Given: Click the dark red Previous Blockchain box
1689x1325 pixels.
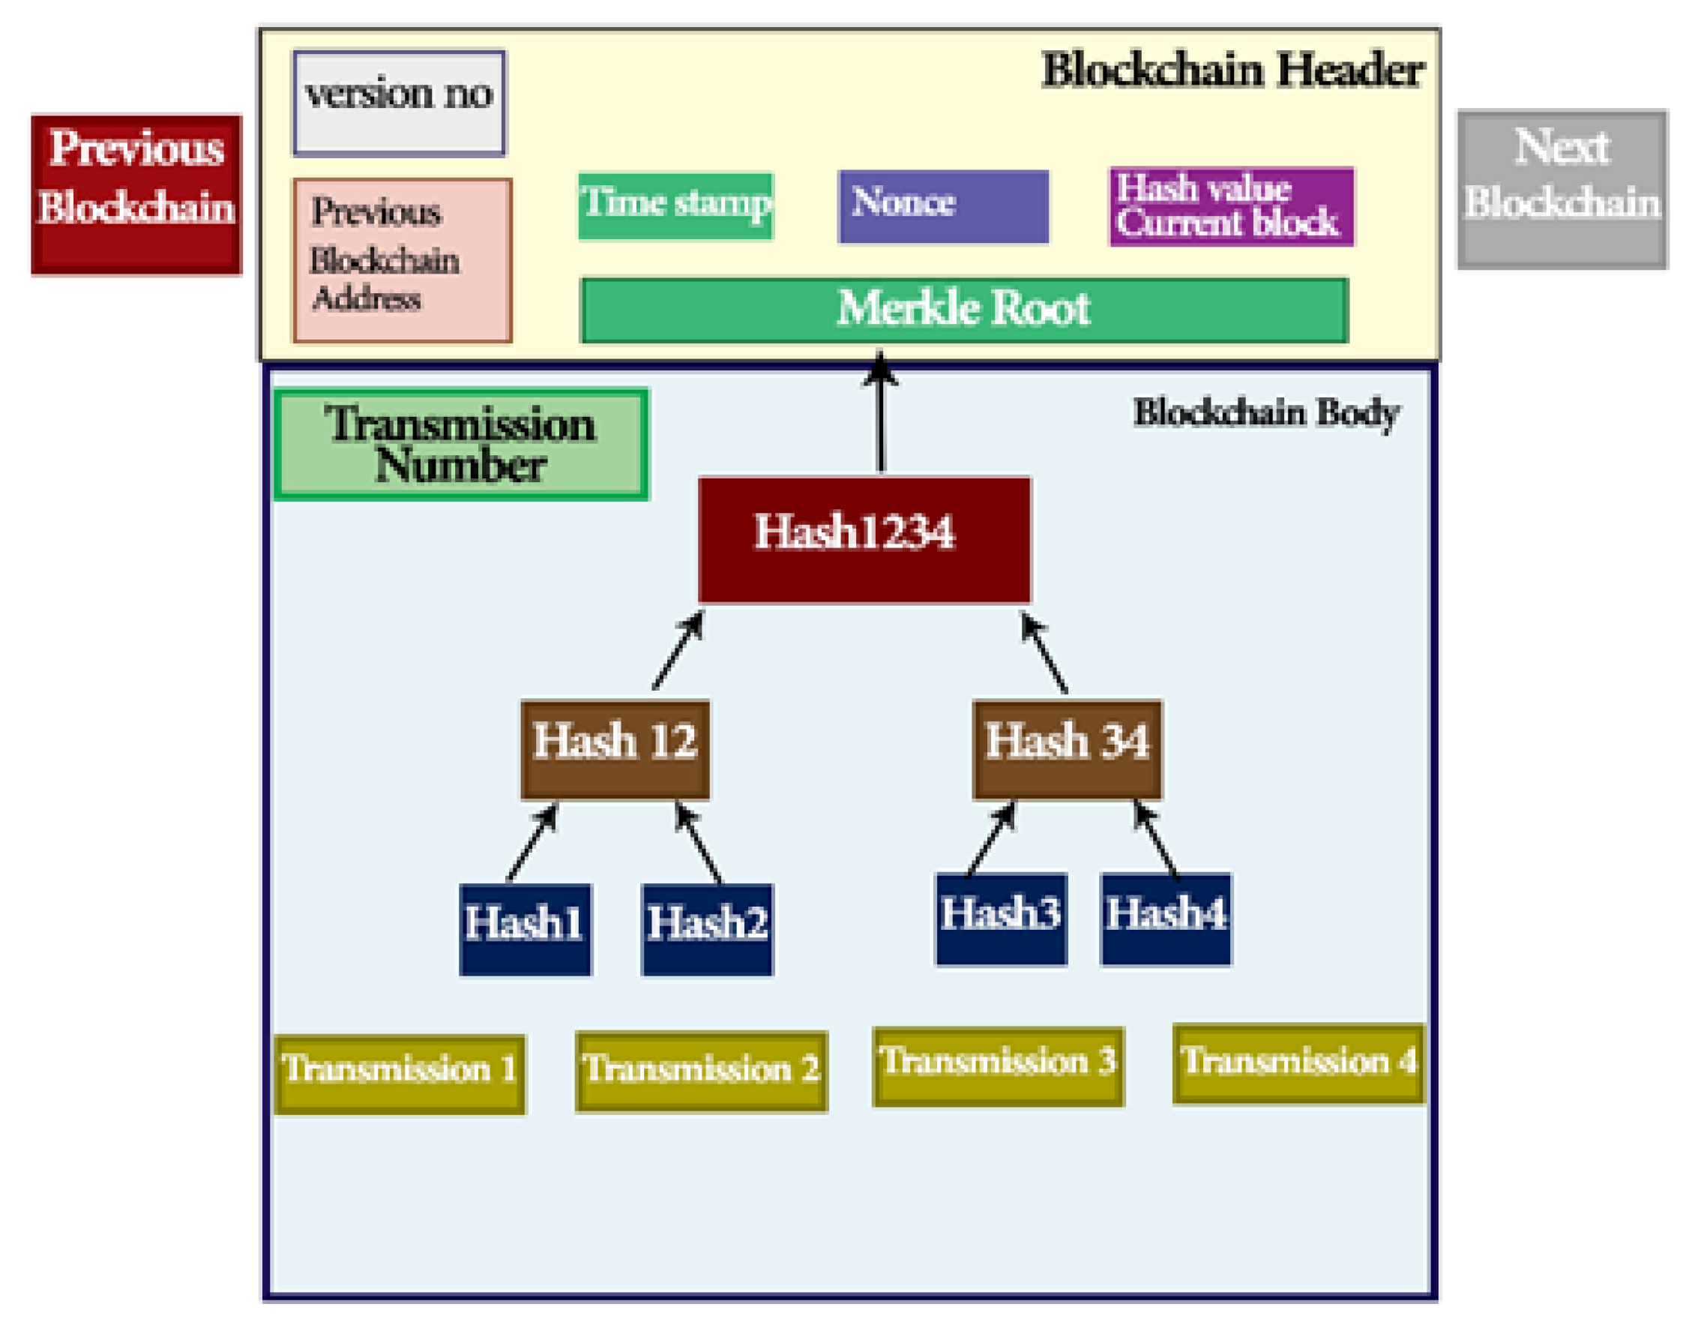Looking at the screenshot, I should [136, 195].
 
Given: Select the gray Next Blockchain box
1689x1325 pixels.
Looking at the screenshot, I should [1562, 190].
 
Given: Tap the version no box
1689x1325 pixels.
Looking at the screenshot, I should [400, 103].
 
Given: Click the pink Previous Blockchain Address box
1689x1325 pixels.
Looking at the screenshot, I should [403, 261].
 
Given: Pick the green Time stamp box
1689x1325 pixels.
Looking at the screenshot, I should [675, 205].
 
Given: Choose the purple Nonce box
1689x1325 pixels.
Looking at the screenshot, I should [943, 206].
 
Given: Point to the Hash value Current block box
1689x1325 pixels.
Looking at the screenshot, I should [1231, 207].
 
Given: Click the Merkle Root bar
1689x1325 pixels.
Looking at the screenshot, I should [964, 310].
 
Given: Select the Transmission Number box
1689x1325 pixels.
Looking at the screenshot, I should [461, 445].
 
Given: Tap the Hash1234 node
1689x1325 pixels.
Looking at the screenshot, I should [864, 540].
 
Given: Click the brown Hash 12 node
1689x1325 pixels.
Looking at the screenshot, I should [615, 748].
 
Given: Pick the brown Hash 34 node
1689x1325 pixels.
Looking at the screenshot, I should [1067, 748].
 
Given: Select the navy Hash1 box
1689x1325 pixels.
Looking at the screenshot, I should [525, 928].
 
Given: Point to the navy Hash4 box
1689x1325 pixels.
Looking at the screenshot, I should [1165, 919].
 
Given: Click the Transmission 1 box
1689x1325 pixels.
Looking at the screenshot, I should [400, 1074].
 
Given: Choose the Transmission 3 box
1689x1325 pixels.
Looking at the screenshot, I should [997, 1066].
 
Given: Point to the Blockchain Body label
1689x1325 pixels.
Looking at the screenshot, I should [1265, 412].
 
